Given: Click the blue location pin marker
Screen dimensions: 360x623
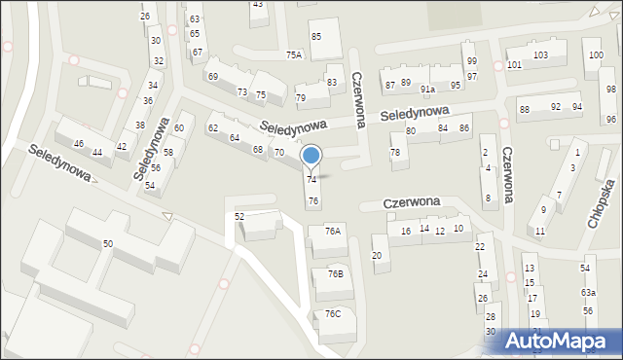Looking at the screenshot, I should [x=311, y=155].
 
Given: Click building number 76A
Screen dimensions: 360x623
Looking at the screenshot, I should [x=333, y=232].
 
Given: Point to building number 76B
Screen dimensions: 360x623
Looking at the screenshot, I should [x=335, y=274].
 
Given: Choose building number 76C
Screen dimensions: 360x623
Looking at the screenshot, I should [x=333, y=313].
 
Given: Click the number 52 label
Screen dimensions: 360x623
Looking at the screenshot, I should [x=239, y=216].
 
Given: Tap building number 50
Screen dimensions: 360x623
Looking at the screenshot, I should [x=108, y=243].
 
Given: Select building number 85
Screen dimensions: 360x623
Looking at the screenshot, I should [x=316, y=37].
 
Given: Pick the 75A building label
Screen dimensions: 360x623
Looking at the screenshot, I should [x=294, y=55].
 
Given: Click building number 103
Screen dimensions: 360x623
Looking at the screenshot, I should [x=540, y=55].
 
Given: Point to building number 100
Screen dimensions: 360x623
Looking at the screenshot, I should [x=595, y=54].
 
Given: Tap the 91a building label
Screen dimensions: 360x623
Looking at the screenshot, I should [x=427, y=89].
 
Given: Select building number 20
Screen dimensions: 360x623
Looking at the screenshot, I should [x=377, y=255].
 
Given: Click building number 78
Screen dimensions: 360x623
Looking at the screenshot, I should [x=395, y=153].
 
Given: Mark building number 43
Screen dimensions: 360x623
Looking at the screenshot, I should [x=257, y=5].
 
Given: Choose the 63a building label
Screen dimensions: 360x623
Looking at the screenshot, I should [x=588, y=293].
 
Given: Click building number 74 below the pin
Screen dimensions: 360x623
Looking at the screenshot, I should [x=311, y=180].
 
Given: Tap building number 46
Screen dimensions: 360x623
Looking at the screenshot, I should [x=79, y=144].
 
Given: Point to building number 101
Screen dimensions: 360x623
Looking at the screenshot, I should [x=514, y=65].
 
